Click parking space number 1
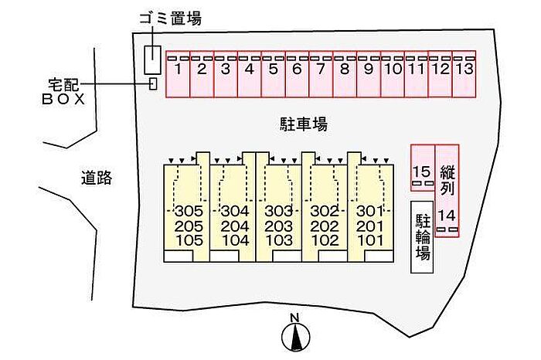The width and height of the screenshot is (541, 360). coord(178,74)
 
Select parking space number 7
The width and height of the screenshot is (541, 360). coord(321,74)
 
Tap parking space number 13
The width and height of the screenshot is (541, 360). coord(464,74)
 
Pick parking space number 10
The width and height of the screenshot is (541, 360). coord(393,74)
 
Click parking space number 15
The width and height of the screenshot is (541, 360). coord(422,167)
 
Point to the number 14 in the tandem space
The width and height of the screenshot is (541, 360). coord(447,216)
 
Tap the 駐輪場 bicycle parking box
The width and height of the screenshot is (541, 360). coord(422,237)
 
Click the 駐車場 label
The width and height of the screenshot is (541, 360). coord(303,124)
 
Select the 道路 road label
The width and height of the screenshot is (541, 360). coord(97,178)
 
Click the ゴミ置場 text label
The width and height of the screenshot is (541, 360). coord(171,19)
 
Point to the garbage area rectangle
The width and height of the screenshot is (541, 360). coord(152,60)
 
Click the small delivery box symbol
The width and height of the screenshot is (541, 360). coord(153,83)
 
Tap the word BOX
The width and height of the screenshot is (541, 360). coord(63,100)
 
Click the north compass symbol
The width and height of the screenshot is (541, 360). coord(296,336)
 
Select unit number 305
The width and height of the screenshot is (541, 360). coord(189,211)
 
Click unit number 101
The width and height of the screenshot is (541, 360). coord(370,240)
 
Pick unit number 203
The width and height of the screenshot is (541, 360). coord(278,226)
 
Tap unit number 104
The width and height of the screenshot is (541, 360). coord(235,240)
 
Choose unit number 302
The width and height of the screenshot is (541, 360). coord(325,211)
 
